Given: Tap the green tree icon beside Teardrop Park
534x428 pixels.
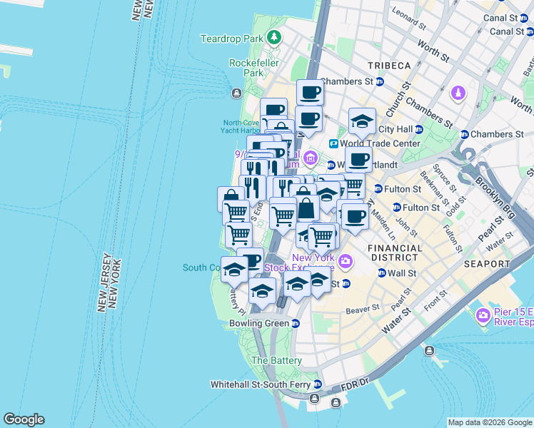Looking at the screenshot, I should (x=274, y=38).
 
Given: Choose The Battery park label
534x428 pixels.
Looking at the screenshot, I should (x=276, y=361).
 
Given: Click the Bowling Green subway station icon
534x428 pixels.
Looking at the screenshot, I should (x=296, y=323).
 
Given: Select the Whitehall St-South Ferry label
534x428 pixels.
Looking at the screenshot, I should (x=260, y=384).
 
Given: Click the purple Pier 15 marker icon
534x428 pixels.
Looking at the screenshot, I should (x=483, y=315).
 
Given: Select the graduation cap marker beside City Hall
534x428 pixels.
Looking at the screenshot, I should (x=362, y=121).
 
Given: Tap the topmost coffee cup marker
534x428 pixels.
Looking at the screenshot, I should (x=310, y=93).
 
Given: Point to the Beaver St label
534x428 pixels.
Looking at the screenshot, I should (x=362, y=310).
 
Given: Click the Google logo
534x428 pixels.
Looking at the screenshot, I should (x=24, y=419).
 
